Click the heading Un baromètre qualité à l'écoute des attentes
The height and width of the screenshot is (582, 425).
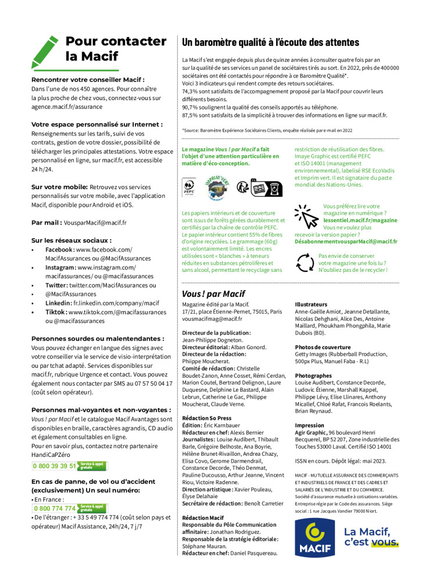[270, 42]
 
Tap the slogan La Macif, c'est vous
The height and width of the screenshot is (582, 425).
[371, 537]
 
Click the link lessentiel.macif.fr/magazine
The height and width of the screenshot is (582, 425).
[360, 221]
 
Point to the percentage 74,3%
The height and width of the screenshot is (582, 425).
[190, 91]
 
